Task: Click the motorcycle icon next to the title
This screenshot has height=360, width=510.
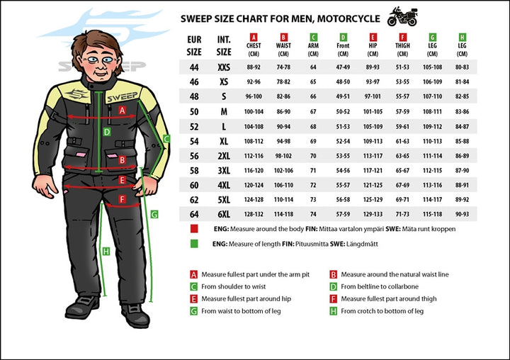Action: point(402,16)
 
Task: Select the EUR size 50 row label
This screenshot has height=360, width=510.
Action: point(193,112)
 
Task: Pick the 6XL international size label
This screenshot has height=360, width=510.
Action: point(224,214)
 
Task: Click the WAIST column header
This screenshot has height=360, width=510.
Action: point(283,43)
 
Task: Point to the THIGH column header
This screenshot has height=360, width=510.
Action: point(402,43)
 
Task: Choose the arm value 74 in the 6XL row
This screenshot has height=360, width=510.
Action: point(313,214)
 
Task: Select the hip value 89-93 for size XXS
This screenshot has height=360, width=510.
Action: point(373,67)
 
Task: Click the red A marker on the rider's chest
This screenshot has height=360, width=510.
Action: point(122,110)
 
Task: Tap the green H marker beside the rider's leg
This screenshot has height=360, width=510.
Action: point(106,251)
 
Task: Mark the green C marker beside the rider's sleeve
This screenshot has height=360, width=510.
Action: point(166,139)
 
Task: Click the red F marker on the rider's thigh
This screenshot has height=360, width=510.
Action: point(121,200)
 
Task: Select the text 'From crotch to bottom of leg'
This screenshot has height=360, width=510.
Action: point(382,310)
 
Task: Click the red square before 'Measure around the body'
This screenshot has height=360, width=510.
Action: point(193,230)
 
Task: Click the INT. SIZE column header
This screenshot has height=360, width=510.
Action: point(224,46)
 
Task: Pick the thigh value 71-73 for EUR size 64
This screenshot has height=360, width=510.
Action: point(402,214)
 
